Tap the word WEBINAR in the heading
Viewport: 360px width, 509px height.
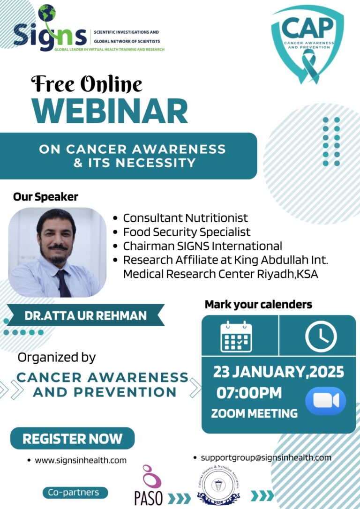(x=111, y=111)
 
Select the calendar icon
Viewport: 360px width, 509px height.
(x=236, y=336)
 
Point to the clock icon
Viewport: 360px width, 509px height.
(x=321, y=336)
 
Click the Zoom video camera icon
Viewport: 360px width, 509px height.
(x=325, y=401)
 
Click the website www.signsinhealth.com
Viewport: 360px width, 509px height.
(x=81, y=460)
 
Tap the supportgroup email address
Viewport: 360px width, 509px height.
(x=266, y=457)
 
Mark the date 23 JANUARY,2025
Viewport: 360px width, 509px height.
(x=278, y=372)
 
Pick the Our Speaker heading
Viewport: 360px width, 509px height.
(x=45, y=197)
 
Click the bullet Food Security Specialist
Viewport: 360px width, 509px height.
(x=187, y=232)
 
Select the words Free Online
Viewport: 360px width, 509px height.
(x=86, y=84)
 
